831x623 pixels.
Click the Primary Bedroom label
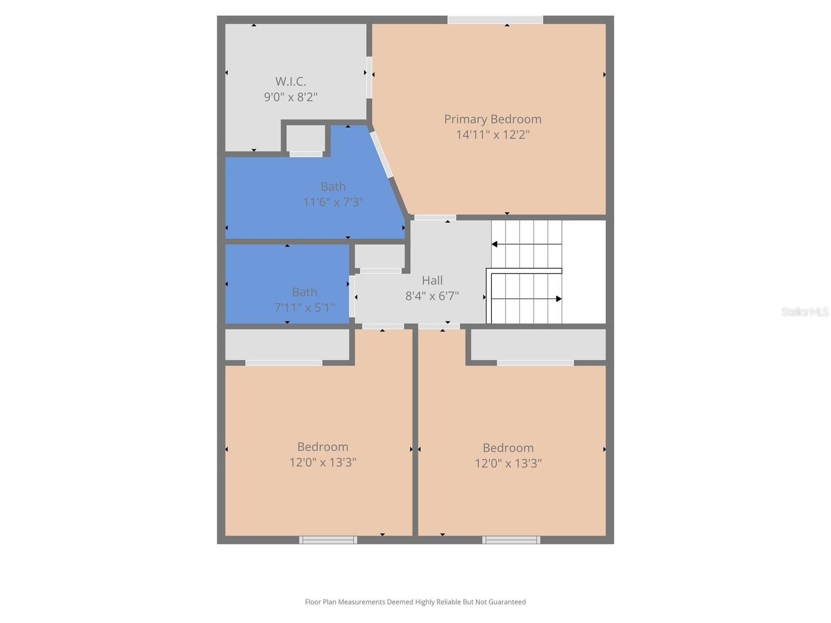coord(492,119)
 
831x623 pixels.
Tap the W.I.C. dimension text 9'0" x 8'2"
coord(290,97)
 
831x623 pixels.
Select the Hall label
coord(432,280)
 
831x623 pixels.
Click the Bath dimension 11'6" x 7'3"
coord(333,202)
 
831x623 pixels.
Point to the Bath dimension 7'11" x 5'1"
coord(304,307)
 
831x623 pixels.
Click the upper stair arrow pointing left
coord(495,244)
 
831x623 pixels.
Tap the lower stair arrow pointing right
coord(558,299)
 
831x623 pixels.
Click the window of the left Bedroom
coord(328,540)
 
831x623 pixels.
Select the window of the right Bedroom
coord(511,540)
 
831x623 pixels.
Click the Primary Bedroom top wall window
coord(495,20)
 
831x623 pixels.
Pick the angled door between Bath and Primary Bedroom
coord(381,155)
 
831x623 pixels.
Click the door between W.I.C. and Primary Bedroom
coord(369,77)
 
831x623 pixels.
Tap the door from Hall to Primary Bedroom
coord(435,218)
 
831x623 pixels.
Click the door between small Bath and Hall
coord(352,296)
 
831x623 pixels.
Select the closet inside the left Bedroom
coord(287,344)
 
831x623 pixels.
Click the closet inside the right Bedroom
coord(538,344)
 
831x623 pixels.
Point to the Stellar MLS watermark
coord(805,312)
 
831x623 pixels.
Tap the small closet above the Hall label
coord(380,256)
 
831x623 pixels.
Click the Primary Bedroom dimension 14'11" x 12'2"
coord(492,135)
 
